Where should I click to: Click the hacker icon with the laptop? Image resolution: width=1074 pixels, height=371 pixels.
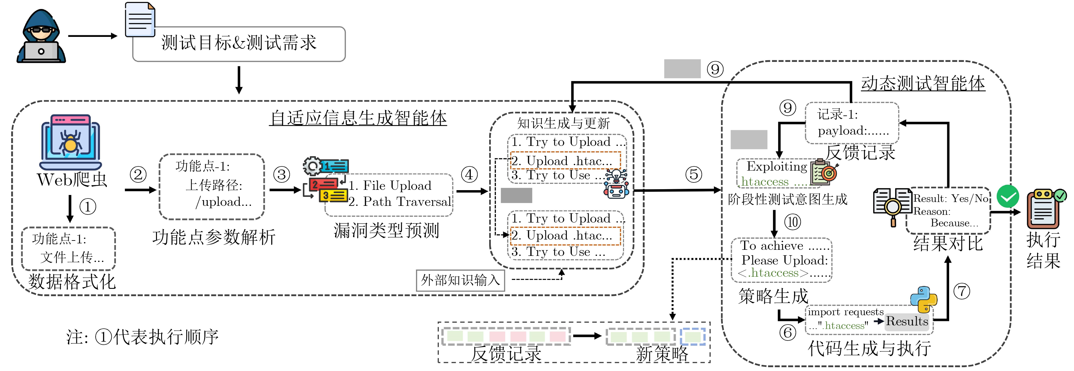click(x=41, y=37)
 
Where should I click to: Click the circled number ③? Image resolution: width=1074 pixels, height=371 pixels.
click(x=282, y=174)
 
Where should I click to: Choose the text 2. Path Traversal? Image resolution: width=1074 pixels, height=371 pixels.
click(x=399, y=202)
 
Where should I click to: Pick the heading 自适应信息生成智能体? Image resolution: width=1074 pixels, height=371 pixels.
click(x=358, y=118)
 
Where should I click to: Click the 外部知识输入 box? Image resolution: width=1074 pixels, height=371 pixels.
click(x=460, y=280)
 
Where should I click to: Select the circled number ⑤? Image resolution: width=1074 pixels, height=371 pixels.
click(x=694, y=174)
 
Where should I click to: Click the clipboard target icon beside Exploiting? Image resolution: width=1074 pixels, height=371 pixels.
click(x=824, y=172)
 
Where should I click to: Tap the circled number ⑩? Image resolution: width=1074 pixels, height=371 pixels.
click(x=793, y=222)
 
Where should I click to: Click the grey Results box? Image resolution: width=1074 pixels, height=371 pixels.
click(x=907, y=321)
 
